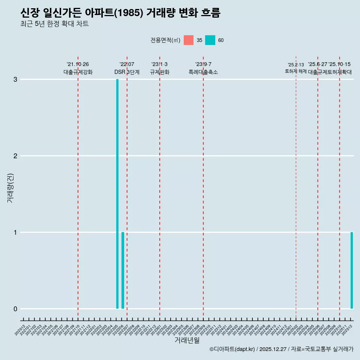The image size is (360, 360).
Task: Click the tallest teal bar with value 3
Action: point(117,193)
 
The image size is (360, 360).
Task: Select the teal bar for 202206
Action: point(123,270)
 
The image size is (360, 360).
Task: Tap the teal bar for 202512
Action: point(352,270)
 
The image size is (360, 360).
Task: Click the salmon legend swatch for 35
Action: point(189,40)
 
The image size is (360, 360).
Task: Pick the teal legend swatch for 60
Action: point(210,40)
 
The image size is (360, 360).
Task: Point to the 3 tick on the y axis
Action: point(15,79)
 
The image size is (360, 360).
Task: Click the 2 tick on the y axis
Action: point(15,156)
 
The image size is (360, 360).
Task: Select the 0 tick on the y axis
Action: point(15,309)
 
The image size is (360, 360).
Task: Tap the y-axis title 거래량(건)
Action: point(10,187)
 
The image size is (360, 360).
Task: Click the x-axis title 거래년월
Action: point(187,340)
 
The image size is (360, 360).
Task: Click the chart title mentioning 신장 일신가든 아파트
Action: point(120,13)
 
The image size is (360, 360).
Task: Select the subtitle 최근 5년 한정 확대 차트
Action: point(54,24)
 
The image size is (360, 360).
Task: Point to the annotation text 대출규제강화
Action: point(78,72)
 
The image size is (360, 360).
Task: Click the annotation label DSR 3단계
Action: point(127,72)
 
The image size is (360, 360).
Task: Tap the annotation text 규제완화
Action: point(160,72)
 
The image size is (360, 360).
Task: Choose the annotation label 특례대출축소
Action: point(203,72)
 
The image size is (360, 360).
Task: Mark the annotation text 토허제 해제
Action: point(296,71)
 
